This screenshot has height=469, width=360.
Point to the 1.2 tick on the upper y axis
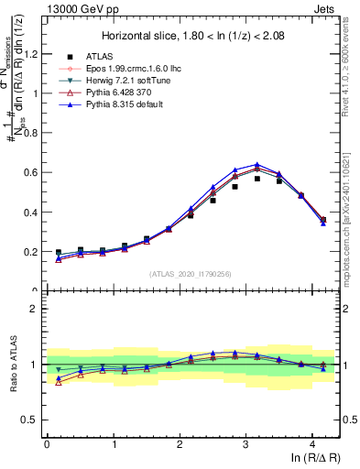click(x=32, y=54)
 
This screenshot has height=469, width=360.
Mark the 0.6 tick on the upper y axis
click(x=32, y=172)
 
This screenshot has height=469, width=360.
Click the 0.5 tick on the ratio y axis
click(x=32, y=420)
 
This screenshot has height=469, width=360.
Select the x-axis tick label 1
click(x=114, y=443)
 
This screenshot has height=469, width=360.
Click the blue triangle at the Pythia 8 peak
click(x=257, y=165)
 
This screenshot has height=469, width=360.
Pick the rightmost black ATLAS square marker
click(x=323, y=220)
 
